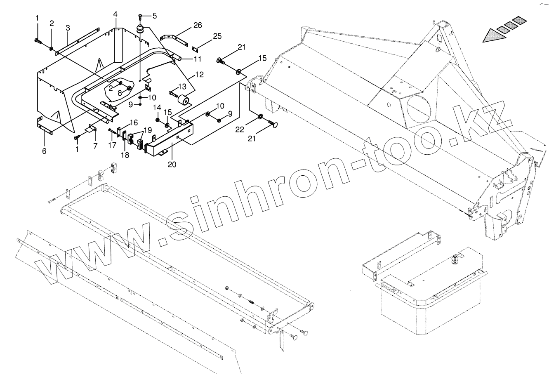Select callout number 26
(198, 26)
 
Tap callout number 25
(217, 37)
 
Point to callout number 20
(172, 164)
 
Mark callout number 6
(44, 151)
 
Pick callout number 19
(148, 129)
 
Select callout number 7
(95, 146)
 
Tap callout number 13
(182, 87)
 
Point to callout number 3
(68, 28)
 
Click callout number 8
(120, 93)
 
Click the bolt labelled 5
(140, 17)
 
